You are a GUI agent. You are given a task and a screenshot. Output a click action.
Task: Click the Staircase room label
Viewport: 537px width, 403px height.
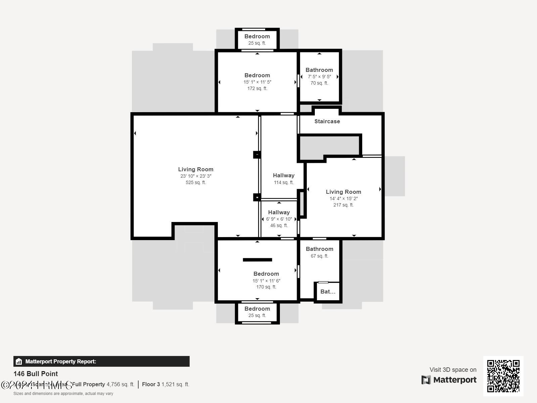pyautogui.click(x=327, y=121)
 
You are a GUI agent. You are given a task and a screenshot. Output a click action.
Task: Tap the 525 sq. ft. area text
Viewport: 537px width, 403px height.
pyautogui.click(x=196, y=183)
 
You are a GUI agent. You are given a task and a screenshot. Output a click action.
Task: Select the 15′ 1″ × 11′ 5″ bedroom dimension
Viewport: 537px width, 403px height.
pyautogui.click(x=257, y=82)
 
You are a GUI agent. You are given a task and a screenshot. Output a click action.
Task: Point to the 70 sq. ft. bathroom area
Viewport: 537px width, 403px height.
pyautogui.click(x=319, y=83)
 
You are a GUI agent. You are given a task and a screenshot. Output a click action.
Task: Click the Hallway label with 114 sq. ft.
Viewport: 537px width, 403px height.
pyautogui.click(x=284, y=175)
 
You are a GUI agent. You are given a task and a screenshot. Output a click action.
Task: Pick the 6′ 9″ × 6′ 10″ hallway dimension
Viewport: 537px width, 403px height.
pyautogui.click(x=279, y=219)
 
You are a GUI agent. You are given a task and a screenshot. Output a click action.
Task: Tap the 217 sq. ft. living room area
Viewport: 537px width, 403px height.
pyautogui.click(x=343, y=205)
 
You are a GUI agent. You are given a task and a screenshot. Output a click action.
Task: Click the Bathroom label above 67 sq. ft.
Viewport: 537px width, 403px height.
pyautogui.click(x=319, y=249)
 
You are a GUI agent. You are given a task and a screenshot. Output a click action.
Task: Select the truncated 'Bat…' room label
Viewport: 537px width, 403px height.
pyautogui.click(x=328, y=292)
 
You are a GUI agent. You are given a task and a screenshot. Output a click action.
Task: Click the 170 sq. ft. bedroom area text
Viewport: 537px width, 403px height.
pyautogui.click(x=266, y=287)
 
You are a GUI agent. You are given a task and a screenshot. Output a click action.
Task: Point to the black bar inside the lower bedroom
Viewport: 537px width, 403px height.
pyautogui.click(x=257, y=260)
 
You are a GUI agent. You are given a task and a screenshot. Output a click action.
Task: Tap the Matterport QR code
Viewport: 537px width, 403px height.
pyautogui.click(x=503, y=376)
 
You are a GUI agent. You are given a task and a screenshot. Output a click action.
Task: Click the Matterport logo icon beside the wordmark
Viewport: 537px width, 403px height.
pyautogui.click(x=426, y=380)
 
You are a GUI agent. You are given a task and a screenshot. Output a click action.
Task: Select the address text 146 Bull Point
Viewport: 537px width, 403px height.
pyautogui.click(x=36, y=374)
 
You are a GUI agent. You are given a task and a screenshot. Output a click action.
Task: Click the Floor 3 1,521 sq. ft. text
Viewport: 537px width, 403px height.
pyautogui.click(x=165, y=384)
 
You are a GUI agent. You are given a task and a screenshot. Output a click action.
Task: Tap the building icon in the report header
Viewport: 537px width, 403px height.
pyautogui.click(x=19, y=361)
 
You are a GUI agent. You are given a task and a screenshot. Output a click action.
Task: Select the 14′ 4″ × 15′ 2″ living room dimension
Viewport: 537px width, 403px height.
pyautogui.click(x=343, y=198)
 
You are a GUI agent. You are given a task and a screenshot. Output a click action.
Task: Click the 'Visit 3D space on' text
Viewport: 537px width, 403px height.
pyautogui.click(x=453, y=370)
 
